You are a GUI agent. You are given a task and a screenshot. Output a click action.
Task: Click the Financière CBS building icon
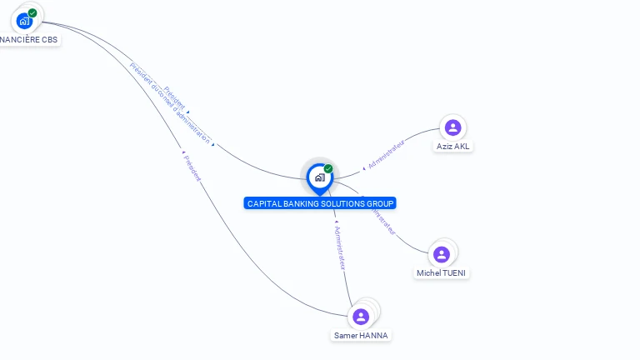tap(23, 19)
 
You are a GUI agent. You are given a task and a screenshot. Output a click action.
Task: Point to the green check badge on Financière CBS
tap(32, 12)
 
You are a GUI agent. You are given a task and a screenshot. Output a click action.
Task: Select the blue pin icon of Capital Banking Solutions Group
tap(319, 177)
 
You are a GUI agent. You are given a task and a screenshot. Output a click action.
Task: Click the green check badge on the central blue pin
tap(328, 168)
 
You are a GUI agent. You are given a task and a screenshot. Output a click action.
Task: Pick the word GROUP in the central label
tap(380, 203)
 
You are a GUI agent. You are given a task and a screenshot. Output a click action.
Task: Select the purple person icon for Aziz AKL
tap(452, 127)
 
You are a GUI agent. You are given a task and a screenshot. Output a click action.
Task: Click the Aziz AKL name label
tap(452, 147)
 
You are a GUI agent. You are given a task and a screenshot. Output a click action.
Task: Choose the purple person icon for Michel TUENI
tap(442, 254)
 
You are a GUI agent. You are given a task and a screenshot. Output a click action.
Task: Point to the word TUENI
tap(454, 273)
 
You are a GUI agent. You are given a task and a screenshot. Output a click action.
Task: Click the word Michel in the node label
tap(428, 273)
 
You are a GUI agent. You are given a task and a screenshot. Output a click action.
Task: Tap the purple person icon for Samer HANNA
tap(361, 317)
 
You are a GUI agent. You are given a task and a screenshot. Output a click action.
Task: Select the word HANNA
tap(374, 336)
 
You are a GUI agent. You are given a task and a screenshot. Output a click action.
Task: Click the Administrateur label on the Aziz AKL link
tap(386, 155)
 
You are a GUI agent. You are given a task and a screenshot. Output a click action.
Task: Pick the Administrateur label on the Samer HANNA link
tap(339, 248)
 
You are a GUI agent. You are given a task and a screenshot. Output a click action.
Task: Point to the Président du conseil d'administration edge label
tap(170, 103)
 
